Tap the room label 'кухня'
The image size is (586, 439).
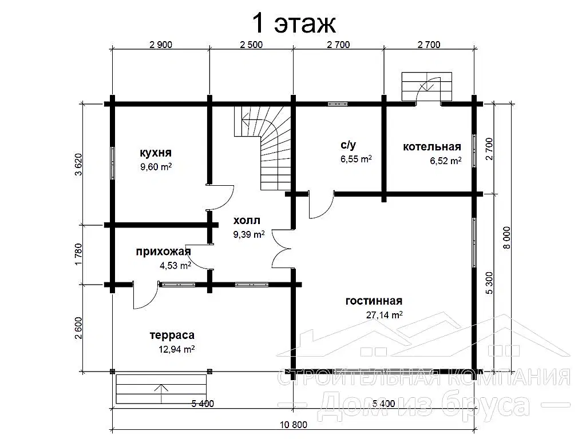[x=156, y=152]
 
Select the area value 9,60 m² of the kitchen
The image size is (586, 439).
[x=156, y=166]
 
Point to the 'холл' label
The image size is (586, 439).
[x=246, y=220]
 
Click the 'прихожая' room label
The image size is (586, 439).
[x=163, y=252]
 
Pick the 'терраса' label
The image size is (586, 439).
[x=172, y=335]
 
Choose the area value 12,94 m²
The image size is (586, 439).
[x=176, y=349]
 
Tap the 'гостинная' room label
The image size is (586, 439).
[x=374, y=301]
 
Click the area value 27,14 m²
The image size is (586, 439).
[x=384, y=315]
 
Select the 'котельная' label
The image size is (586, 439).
[x=431, y=146]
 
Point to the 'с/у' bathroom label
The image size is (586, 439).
[x=349, y=145]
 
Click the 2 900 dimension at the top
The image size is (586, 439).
[x=161, y=45]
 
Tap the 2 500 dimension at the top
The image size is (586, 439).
[x=251, y=45]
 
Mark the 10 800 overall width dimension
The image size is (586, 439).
[x=294, y=425]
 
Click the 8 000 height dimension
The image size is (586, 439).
[x=506, y=237]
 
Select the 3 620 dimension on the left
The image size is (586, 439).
[x=78, y=164]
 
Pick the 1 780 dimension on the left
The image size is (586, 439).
[x=78, y=254]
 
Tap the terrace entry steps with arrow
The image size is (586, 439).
[x=161, y=389]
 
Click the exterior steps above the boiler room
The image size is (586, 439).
[x=427, y=86]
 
